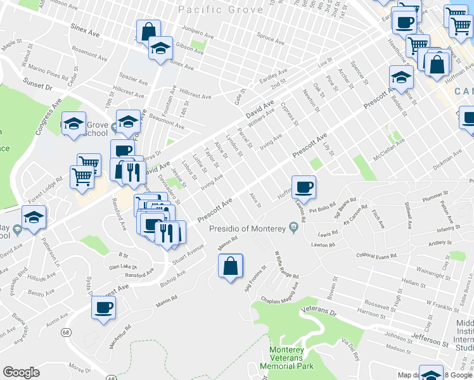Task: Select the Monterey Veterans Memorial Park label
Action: (287, 358)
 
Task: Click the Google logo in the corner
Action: (21, 372)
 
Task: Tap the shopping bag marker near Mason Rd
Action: (230, 266)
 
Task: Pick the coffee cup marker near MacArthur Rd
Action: (103, 308)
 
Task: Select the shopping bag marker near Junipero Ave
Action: (148, 31)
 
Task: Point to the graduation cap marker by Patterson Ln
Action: (34, 218)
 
